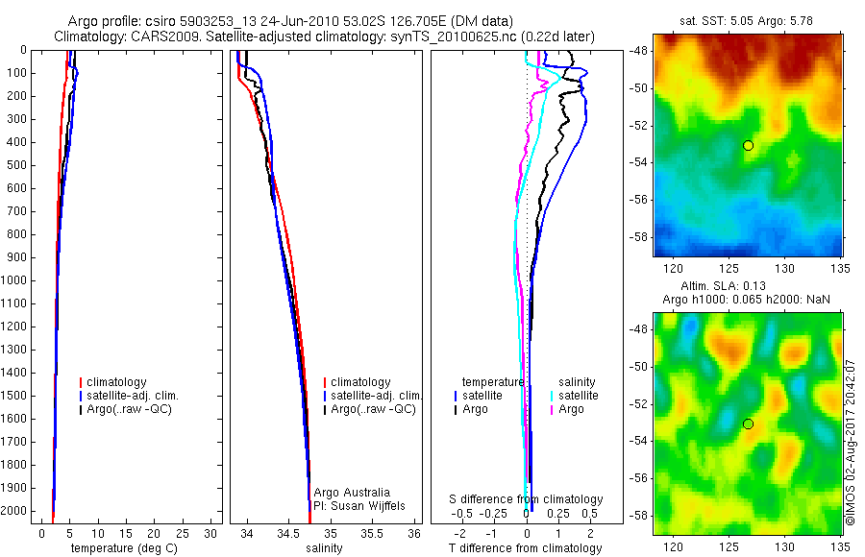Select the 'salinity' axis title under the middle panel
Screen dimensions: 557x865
click(323, 548)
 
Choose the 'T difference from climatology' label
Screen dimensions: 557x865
click(526, 548)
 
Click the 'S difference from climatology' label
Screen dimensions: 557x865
click(527, 499)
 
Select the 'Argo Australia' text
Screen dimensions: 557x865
click(352, 492)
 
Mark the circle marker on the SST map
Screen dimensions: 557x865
click(748, 145)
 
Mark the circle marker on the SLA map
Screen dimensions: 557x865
click(748, 424)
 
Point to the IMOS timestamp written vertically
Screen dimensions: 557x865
click(851, 443)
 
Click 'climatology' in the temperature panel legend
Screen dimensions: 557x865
click(119, 382)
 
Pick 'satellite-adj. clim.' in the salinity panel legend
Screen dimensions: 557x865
click(376, 396)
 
